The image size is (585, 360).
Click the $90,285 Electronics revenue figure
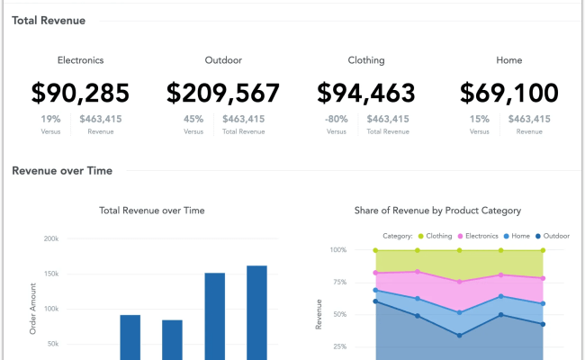(x=80, y=93)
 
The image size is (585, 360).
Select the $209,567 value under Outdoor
(x=223, y=93)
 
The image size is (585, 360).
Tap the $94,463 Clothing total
(x=366, y=93)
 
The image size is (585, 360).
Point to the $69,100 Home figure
(x=508, y=93)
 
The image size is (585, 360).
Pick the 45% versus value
(x=193, y=119)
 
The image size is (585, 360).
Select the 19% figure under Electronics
(x=51, y=119)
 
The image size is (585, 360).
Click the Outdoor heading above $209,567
(x=223, y=60)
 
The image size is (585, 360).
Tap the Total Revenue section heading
(x=49, y=19)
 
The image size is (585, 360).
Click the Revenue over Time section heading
(x=61, y=170)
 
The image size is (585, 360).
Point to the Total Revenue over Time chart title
(x=151, y=211)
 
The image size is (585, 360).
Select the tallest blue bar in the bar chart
(x=256, y=310)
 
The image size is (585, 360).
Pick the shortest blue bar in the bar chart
(x=172, y=338)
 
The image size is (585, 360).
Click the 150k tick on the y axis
(x=50, y=274)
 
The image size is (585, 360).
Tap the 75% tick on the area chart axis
(x=338, y=282)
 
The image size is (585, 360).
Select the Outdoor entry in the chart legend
(x=552, y=236)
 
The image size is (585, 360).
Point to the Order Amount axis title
(x=32, y=309)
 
